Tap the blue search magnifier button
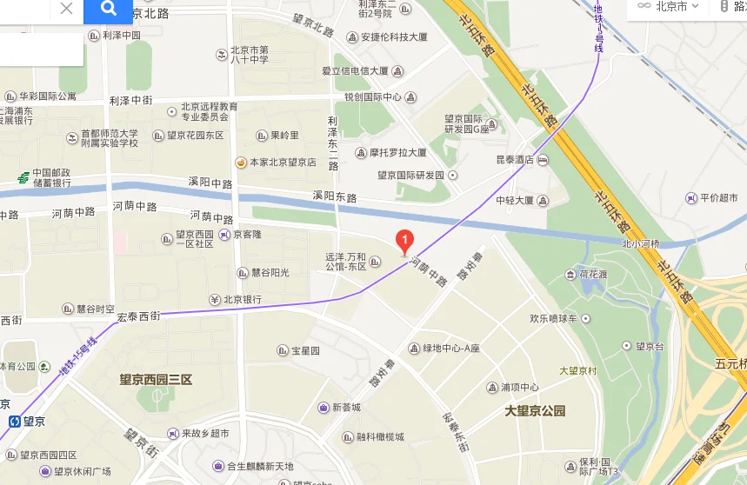click(x=109, y=10)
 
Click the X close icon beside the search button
click(x=66, y=10)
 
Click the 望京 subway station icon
click(x=13, y=421)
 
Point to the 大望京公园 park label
click(x=535, y=411)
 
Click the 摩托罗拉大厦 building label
click(x=397, y=152)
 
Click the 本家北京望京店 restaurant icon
click(x=241, y=162)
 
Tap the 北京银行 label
click(x=242, y=300)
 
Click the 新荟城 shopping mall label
click(x=345, y=407)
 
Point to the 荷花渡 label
click(x=595, y=274)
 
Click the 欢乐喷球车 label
click(x=553, y=318)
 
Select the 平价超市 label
click(x=717, y=198)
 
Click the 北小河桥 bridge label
click(x=641, y=244)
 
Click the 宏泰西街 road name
click(x=138, y=317)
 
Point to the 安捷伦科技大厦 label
click(x=393, y=37)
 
